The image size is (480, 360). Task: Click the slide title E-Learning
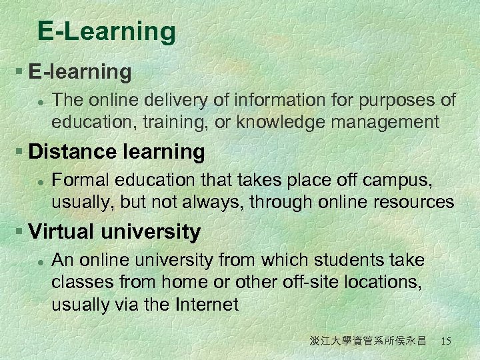107,31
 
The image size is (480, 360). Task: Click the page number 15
446,341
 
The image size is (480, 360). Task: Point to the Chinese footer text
367,341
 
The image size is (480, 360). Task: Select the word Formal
79,181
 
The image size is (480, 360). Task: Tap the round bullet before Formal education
41,181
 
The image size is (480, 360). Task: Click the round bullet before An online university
41,260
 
